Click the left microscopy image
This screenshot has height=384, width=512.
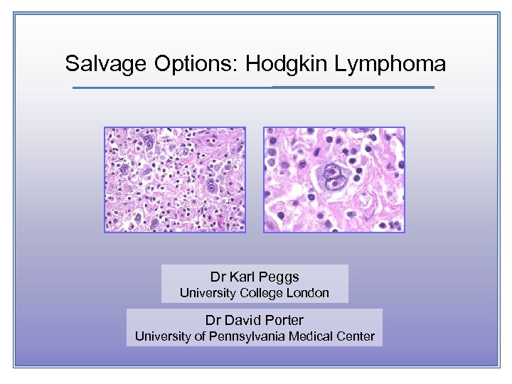coord(175,180)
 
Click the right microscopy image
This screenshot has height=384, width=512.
coord(334,180)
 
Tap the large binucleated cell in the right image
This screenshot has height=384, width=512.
coord(332,175)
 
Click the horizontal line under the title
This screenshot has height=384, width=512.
coord(253,87)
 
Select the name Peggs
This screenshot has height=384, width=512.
coord(279,277)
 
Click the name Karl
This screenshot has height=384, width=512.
coord(242,277)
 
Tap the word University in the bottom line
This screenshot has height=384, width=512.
coord(161,336)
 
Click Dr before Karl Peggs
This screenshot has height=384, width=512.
coord(218,277)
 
